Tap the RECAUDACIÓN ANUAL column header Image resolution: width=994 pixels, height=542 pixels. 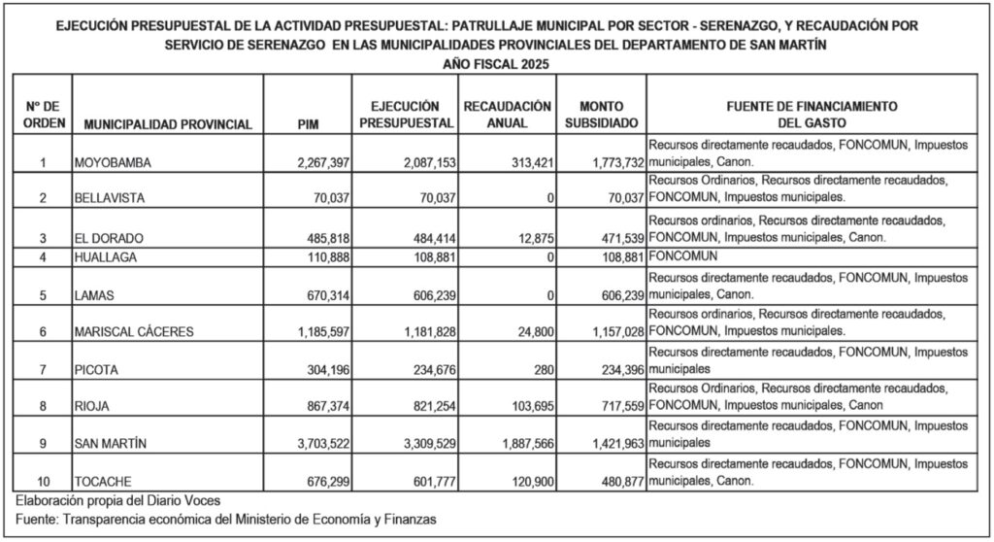point(508,115)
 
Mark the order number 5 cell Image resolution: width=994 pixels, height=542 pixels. point(44,295)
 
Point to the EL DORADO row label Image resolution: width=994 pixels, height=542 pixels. point(101,239)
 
